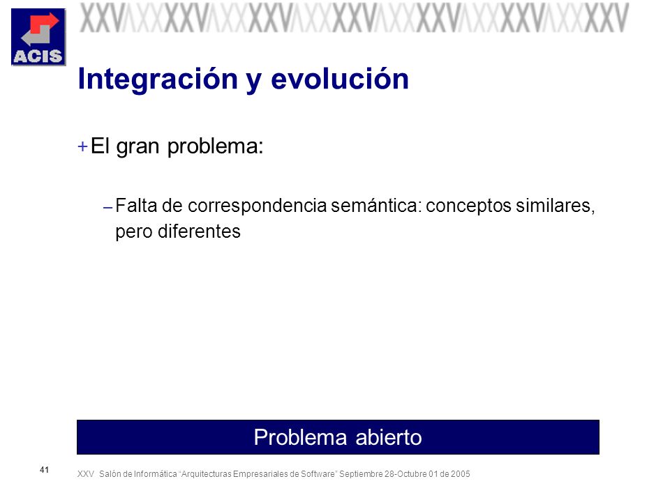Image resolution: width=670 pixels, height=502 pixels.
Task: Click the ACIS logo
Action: coord(38,37)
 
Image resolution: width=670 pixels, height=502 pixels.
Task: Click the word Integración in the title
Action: coord(158,80)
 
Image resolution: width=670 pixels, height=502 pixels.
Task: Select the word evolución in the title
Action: coord(340,79)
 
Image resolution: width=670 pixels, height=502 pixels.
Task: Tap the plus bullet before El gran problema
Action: coord(82,147)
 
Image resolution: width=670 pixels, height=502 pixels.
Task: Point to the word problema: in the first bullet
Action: coord(216,147)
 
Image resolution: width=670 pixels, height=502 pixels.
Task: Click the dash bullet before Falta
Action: coord(107,208)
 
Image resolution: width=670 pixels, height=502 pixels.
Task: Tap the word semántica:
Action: coord(376,205)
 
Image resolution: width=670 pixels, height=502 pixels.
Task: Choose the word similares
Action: coord(553,205)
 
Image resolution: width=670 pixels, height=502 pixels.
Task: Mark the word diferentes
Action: coord(199,231)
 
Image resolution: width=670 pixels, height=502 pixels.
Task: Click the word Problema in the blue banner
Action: coord(300,437)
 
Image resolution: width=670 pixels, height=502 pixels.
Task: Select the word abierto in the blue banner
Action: coord(389,437)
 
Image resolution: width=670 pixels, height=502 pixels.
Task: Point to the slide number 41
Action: coord(45,470)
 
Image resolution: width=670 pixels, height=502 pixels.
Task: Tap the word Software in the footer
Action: coord(319,474)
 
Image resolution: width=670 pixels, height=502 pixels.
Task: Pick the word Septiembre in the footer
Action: coord(361,474)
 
